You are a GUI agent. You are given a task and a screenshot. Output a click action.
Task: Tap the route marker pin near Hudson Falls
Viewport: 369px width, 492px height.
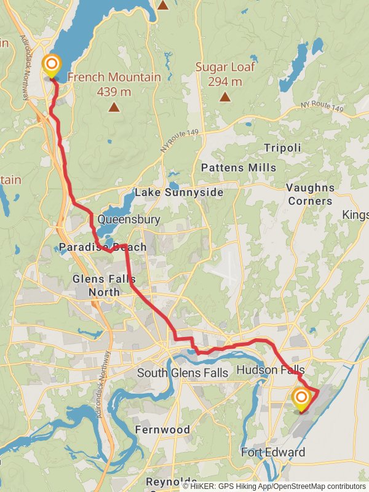tap(301, 399)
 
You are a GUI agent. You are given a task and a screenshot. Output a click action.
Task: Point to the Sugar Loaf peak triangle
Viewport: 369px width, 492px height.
tap(225, 96)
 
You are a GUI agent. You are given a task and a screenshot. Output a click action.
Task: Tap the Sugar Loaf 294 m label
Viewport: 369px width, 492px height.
tap(225, 74)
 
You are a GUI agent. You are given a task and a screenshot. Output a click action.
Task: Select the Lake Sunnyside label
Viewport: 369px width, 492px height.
tap(179, 192)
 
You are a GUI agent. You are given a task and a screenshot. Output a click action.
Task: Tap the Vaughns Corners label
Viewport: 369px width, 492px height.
tap(310, 194)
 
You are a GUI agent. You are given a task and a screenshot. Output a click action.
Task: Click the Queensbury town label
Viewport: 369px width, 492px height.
tap(129, 220)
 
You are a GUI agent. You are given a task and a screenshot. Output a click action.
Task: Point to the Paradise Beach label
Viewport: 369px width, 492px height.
tap(103, 247)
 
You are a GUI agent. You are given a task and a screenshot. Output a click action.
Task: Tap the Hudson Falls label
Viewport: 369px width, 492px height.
tap(270, 370)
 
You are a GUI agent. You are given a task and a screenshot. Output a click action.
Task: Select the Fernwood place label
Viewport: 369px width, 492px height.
tap(162, 429)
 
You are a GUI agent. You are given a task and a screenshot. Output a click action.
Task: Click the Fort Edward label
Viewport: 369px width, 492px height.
tap(272, 453)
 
